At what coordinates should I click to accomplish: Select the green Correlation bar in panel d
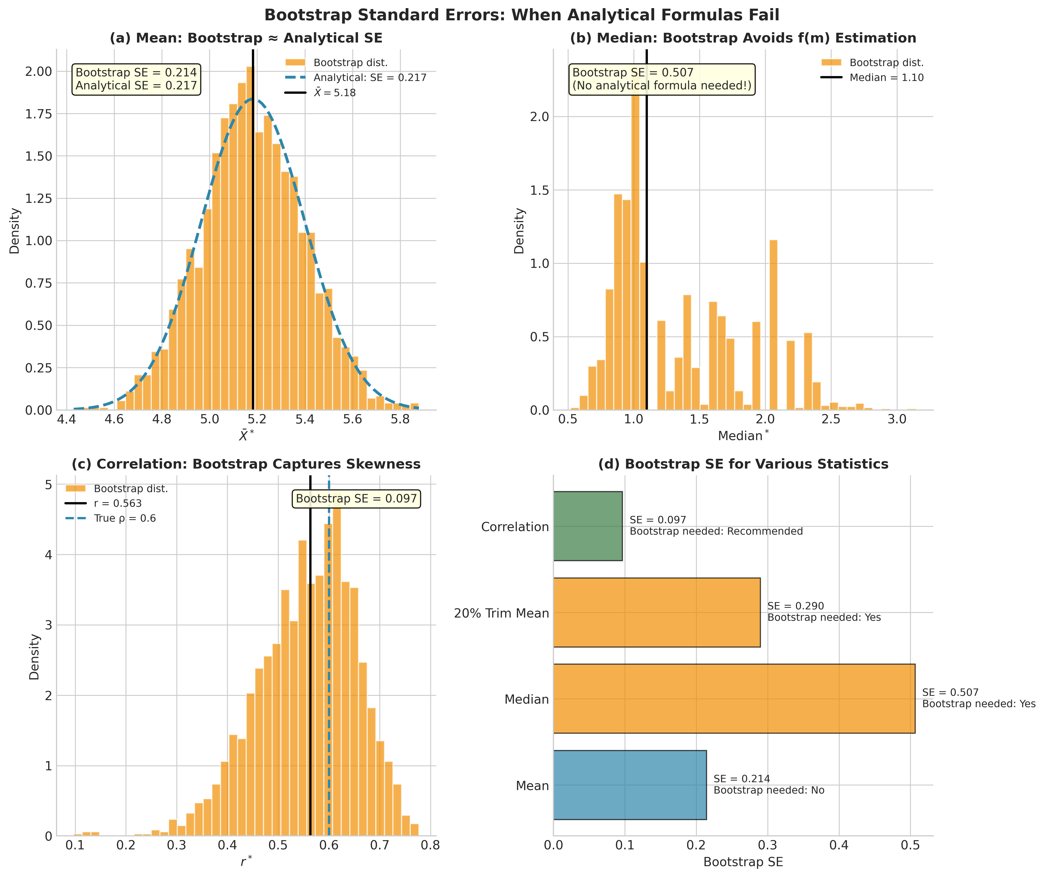(588, 526)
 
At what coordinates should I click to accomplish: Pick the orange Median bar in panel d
(734, 699)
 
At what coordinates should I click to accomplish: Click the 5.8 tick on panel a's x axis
(400, 419)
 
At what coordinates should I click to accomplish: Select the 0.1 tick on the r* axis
(75, 846)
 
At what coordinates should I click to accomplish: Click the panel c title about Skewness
(246, 464)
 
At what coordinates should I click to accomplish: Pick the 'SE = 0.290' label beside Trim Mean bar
(795, 606)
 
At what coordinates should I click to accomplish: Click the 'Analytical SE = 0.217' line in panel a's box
(136, 86)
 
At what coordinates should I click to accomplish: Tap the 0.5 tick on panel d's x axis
(910, 846)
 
